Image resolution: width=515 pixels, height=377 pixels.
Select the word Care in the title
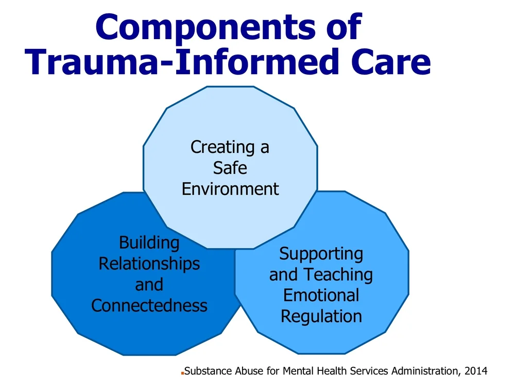point(392,63)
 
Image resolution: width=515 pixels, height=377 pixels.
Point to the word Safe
point(230,168)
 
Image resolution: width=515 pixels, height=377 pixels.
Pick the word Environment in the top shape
point(230,188)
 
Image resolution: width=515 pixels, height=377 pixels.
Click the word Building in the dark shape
point(149,243)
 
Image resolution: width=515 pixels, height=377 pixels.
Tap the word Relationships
point(149,264)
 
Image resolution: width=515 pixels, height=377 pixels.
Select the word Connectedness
point(149,305)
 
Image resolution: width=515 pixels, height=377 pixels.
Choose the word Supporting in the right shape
point(321,253)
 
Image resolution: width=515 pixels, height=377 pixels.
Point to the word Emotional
point(321,295)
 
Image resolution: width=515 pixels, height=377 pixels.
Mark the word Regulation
point(321,316)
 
